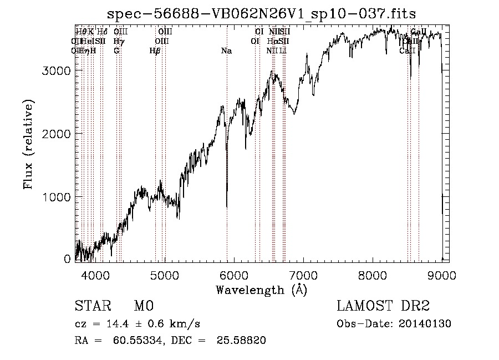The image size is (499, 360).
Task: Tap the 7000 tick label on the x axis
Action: click(303, 275)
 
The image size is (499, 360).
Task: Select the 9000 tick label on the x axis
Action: click(442, 275)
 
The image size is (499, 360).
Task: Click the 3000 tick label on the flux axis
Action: click(58, 71)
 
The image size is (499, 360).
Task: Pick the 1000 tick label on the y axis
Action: click(58, 197)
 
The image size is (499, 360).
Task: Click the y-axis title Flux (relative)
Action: click(28, 144)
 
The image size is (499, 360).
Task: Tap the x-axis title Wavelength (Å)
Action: click(261, 290)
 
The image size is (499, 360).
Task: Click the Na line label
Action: click(226, 51)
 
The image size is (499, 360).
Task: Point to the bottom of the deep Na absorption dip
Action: click(227, 206)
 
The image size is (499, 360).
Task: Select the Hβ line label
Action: click(155, 51)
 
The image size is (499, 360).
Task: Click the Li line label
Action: click(283, 51)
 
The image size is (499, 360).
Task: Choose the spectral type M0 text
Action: click(144, 306)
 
